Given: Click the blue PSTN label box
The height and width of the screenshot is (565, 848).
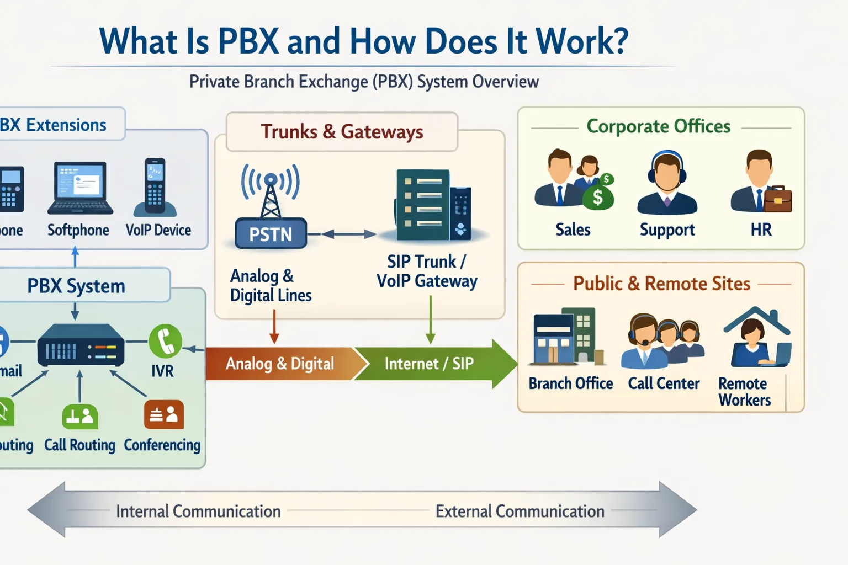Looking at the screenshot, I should [271, 234].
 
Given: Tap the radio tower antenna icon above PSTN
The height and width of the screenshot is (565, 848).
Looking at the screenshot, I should [270, 190].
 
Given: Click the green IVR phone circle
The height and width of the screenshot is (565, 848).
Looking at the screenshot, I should [165, 340].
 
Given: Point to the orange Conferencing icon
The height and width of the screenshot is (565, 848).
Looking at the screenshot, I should [164, 414].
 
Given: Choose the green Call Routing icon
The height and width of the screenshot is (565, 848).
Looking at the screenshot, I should [80, 417].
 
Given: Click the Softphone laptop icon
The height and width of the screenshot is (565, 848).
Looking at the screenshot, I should [81, 188].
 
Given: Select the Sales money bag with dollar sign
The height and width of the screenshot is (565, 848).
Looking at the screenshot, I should [598, 196].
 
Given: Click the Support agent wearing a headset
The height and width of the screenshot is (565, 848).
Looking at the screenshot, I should [667, 183].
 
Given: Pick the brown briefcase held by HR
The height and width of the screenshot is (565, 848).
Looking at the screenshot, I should [777, 199].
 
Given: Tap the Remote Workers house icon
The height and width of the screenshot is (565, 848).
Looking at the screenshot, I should [757, 337].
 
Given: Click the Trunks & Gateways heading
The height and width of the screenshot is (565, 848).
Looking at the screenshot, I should [342, 132].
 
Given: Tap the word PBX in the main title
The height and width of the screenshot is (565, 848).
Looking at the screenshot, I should [248, 41].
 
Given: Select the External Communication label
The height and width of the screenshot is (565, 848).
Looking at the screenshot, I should [520, 511].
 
